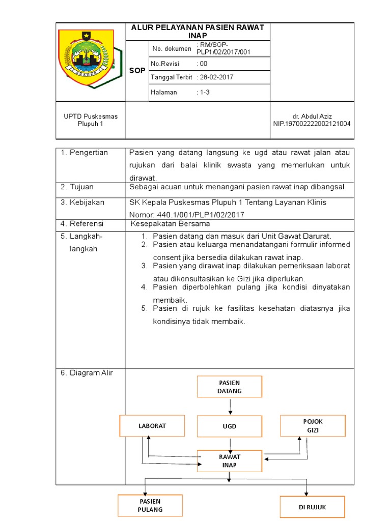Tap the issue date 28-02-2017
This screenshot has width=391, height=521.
216,77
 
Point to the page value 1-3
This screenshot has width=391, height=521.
205,92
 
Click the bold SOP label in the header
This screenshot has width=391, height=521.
137,71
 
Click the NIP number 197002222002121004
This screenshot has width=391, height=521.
312,124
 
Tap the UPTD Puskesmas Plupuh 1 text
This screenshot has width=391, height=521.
91,120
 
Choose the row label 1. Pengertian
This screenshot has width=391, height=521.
85,153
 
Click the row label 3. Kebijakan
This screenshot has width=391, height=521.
83,202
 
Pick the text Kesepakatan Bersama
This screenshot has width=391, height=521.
170,224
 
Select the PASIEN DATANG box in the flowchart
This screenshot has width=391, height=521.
230,387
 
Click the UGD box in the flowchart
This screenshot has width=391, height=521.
230,426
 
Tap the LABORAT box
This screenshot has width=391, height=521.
152,426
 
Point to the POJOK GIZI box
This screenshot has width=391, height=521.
313,426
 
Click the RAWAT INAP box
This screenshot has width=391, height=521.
230,461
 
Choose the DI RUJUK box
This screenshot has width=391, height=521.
313,507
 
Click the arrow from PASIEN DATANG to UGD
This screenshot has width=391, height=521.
230,406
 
